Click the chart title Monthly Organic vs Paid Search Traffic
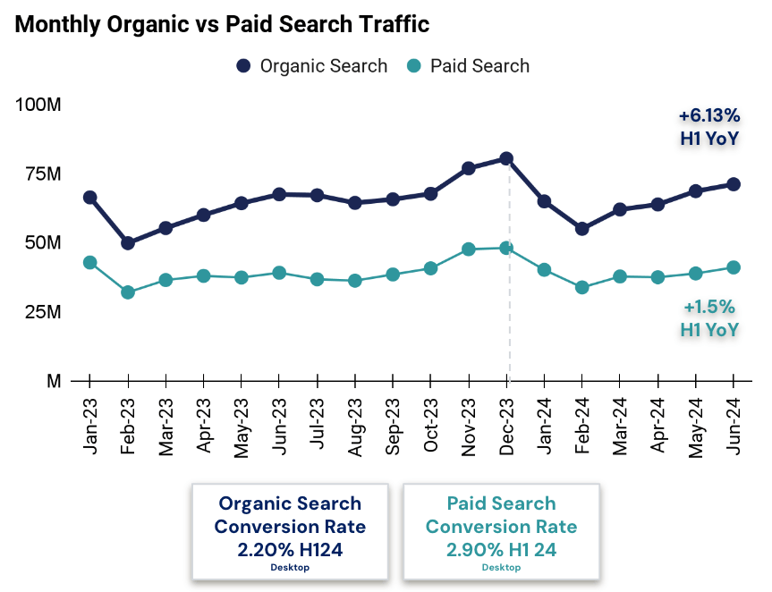222,25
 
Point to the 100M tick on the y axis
38,105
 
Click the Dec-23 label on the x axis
506,428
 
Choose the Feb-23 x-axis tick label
128,428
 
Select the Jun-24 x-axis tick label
734,428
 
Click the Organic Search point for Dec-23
506,158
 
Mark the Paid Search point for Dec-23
506,248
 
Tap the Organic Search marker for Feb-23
128,243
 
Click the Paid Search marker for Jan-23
89,262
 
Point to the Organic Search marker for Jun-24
734,184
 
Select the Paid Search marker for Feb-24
582,287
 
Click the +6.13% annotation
708,115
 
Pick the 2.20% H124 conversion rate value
290,550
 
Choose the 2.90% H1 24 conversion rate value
501,550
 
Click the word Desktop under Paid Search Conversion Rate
501,568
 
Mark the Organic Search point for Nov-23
469,168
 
